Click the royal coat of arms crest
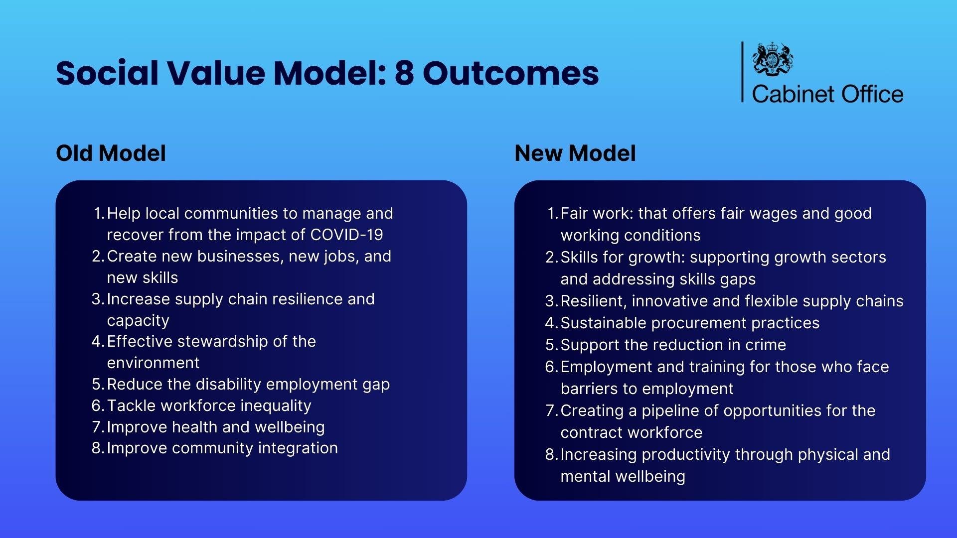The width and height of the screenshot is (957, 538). pos(773,59)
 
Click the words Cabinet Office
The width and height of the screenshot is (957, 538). pos(827,94)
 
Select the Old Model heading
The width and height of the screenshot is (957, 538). pos(111,153)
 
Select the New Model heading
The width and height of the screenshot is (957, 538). pos(575,153)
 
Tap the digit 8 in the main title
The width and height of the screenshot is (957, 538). pos(404,73)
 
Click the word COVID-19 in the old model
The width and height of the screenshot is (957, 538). pos(346,235)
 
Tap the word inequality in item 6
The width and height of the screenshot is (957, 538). pos(276,405)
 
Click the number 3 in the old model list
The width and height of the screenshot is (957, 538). pos(97,299)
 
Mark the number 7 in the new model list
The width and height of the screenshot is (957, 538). pos(550,411)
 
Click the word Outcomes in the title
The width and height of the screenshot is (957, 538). pos(510,73)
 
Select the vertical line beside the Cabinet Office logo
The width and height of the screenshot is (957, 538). pos(742,72)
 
